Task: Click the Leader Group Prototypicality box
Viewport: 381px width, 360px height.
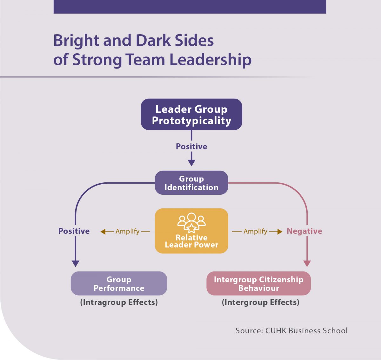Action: pyautogui.click(x=191, y=114)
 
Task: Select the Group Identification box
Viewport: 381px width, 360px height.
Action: pyautogui.click(x=191, y=183)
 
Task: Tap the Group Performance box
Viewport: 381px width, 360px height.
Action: pyautogui.click(x=119, y=283)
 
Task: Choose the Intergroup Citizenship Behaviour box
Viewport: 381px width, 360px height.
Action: pyautogui.click(x=258, y=283)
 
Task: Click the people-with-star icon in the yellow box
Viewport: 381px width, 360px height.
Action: pyautogui.click(x=191, y=223)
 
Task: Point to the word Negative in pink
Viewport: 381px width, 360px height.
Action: pyautogui.click(x=304, y=231)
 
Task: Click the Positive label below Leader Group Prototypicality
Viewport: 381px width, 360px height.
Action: pyautogui.click(x=191, y=147)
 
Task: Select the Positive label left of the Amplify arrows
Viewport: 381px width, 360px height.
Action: pyautogui.click(x=74, y=231)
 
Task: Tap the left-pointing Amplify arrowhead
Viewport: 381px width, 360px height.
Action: pyautogui.click(x=103, y=232)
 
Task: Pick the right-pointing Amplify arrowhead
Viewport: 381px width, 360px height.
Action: pyautogui.click(x=280, y=232)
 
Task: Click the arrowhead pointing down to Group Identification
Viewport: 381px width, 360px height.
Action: pyautogui.click(x=191, y=163)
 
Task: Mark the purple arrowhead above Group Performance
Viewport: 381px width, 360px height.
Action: pyautogui.click(x=75, y=264)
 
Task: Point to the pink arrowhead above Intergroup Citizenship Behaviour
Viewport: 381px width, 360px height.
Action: pyautogui.click(x=307, y=264)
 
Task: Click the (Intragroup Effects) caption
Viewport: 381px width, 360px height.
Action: pyautogui.click(x=119, y=303)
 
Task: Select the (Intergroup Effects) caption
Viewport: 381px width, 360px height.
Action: pyautogui.click(x=260, y=303)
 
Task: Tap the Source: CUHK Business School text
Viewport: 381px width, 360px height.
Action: pyautogui.click(x=291, y=331)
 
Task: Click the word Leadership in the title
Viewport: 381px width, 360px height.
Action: pyautogui.click(x=211, y=59)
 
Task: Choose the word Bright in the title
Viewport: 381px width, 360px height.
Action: pyautogui.click(x=76, y=41)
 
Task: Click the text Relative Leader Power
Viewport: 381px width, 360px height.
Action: pyautogui.click(x=191, y=241)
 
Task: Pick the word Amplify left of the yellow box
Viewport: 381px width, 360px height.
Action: pyautogui.click(x=127, y=232)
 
